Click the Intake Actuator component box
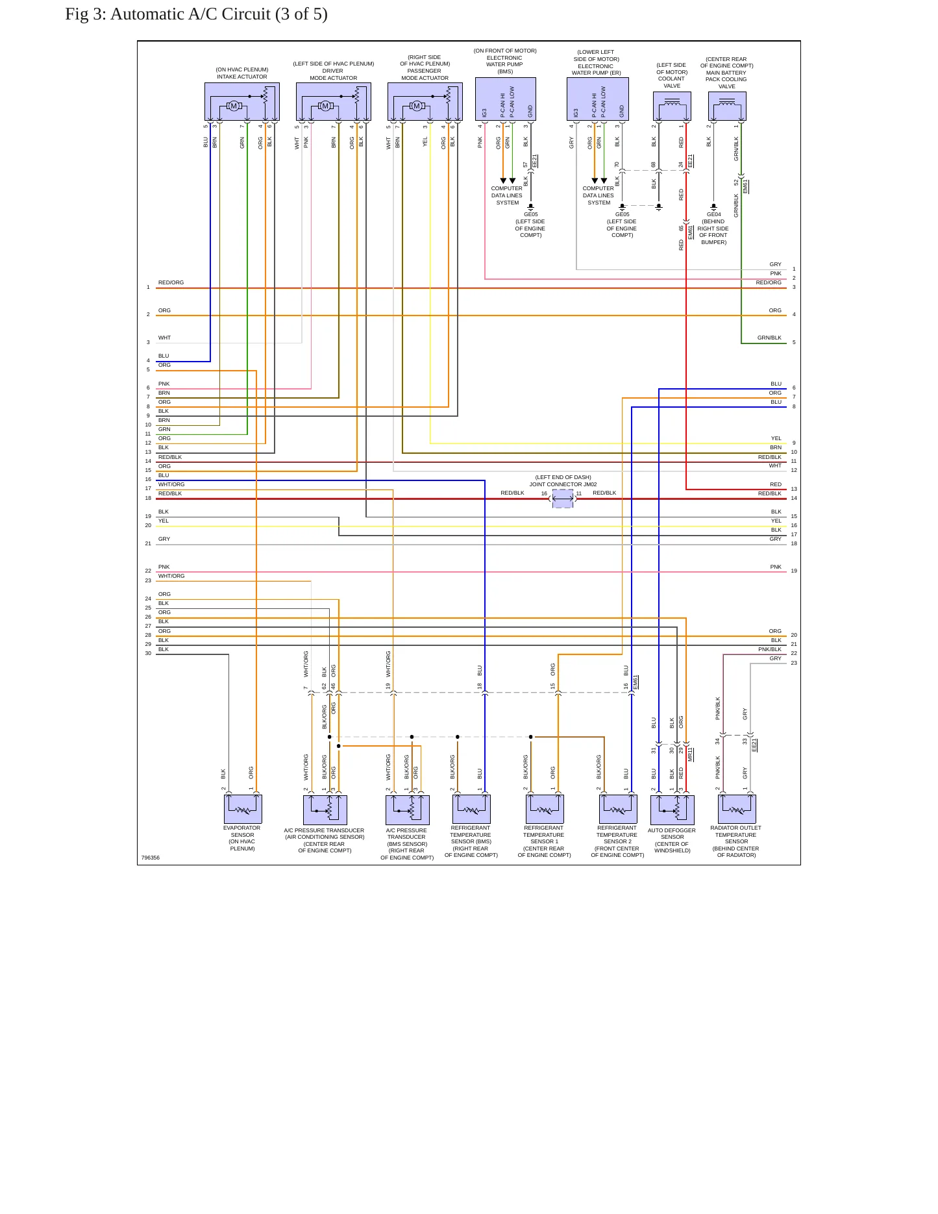(242, 101)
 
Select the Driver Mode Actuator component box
(334, 101)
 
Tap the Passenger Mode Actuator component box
(425, 101)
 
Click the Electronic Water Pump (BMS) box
(506, 99)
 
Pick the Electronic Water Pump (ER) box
(598, 99)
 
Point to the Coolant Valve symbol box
(672, 106)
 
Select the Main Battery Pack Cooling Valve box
(727, 106)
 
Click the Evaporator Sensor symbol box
(243, 809)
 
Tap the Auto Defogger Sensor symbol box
(673, 810)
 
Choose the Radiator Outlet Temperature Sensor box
(737, 809)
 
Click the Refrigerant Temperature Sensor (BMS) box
(471, 809)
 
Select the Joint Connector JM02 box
(563, 499)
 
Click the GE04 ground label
(713, 214)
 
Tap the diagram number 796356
(151, 858)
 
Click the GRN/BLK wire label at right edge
(769, 338)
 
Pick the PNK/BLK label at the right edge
(770, 649)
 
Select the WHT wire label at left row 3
(165, 338)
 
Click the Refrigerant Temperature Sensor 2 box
(618, 809)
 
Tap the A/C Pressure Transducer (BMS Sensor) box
(408, 810)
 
